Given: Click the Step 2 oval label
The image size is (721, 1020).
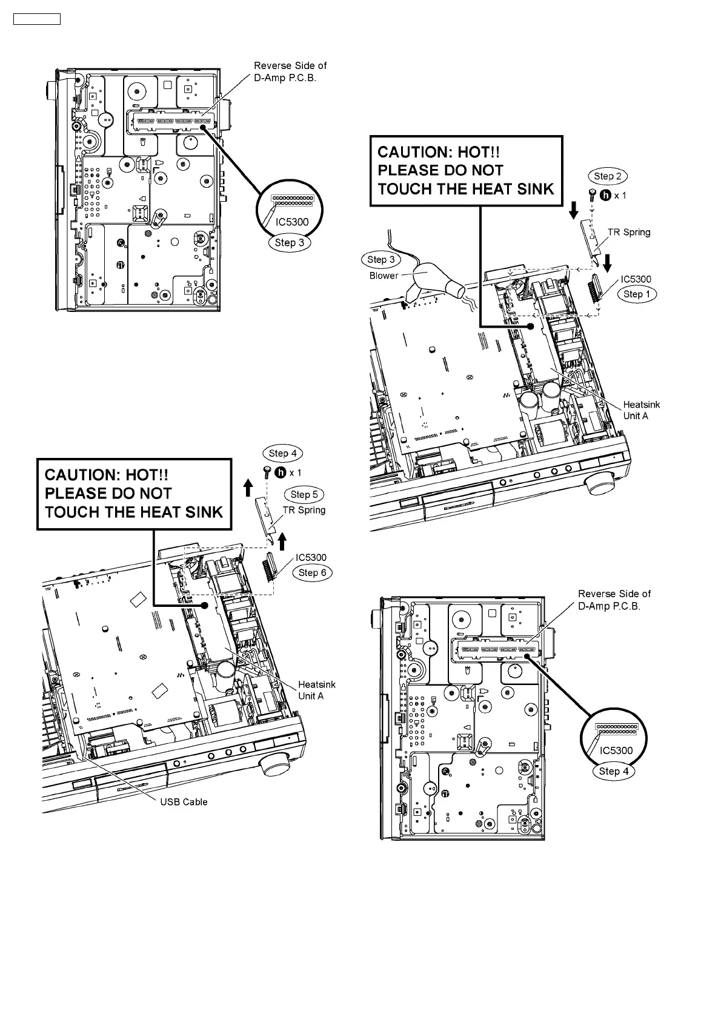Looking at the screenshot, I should click(x=607, y=176).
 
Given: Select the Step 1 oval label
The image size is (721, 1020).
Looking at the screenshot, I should click(x=636, y=294).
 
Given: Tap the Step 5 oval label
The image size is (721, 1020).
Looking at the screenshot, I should click(x=304, y=494).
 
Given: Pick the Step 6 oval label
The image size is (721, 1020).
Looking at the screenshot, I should click(x=313, y=572).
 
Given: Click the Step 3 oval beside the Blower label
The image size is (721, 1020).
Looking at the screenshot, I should click(x=381, y=259).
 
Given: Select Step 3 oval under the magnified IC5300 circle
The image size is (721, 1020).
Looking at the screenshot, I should click(x=289, y=243).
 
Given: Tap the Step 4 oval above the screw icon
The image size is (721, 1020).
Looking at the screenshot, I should click(x=282, y=453).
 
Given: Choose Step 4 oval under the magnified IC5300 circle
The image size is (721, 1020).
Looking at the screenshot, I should click(x=613, y=771).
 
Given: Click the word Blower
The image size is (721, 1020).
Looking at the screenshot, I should click(x=384, y=276).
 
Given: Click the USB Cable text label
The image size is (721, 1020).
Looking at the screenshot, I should click(x=184, y=802).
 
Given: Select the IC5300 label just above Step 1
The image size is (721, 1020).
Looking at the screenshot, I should click(x=636, y=279).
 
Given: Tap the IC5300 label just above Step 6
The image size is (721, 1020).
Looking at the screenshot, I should click(x=311, y=558).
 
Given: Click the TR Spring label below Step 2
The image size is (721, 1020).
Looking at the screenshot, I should click(x=629, y=232).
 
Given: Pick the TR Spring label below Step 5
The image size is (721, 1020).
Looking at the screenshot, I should click(x=304, y=510).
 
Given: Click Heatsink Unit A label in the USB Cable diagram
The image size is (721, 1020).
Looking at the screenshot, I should click(x=316, y=690).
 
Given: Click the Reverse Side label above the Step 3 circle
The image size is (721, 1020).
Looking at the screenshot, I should click(x=290, y=71).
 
